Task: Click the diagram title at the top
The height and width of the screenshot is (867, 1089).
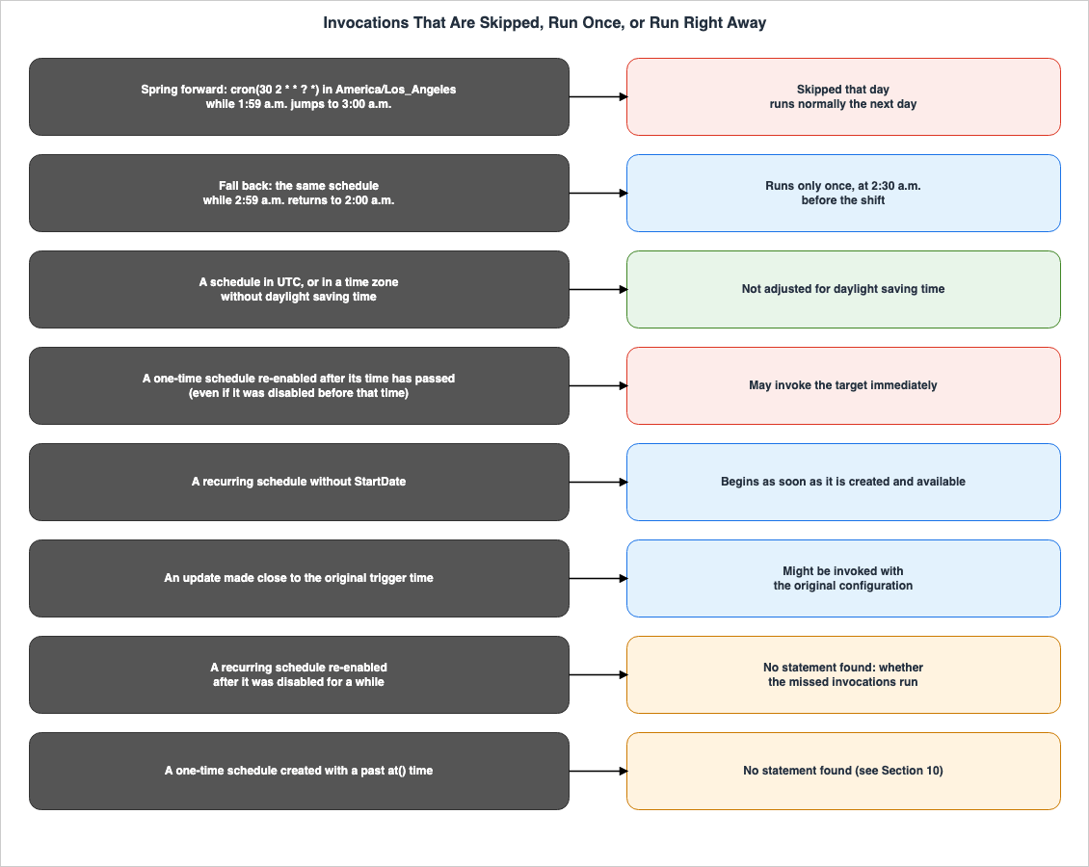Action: point(544,23)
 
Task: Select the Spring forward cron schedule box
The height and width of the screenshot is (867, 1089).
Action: point(299,96)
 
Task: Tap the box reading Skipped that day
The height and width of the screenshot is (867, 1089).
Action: point(843,96)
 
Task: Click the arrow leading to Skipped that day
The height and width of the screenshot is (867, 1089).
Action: point(598,96)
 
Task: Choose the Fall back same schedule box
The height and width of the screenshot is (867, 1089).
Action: point(299,193)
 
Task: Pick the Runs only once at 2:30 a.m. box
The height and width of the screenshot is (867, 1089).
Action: point(843,193)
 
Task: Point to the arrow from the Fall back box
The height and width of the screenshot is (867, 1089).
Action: point(598,193)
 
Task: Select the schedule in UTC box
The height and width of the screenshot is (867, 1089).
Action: point(299,289)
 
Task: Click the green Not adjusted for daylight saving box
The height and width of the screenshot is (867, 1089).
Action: point(843,289)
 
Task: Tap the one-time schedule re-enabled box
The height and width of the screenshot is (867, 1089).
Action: point(299,386)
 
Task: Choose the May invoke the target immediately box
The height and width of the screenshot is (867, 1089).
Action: point(843,386)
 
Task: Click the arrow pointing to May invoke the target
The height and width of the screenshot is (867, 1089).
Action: point(598,386)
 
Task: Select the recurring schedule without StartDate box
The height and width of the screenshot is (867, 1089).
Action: point(299,482)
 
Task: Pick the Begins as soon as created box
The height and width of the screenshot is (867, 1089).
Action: point(843,482)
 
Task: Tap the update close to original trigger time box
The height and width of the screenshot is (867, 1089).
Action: point(299,578)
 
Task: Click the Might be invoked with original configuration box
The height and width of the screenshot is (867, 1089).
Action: point(843,578)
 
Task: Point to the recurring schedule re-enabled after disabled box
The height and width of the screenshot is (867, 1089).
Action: point(299,674)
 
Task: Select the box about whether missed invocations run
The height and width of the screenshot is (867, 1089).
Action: point(843,674)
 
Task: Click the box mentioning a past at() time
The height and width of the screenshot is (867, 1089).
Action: point(299,772)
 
